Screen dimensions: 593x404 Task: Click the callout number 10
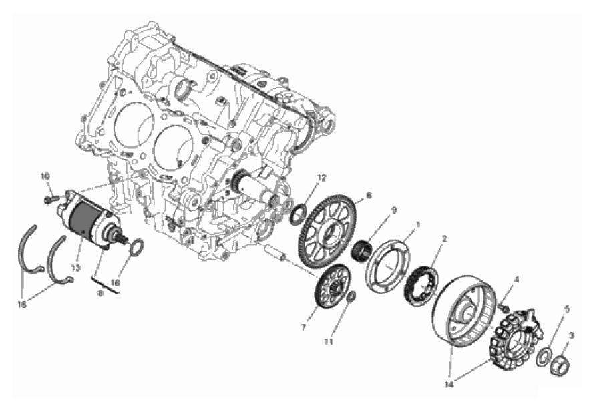coord(45,176)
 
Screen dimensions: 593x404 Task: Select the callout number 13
coord(75,268)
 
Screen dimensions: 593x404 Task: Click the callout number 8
coord(101,292)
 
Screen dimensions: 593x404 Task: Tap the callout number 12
coord(321,178)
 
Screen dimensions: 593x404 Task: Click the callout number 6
coord(369,196)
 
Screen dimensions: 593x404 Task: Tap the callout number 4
coord(517,280)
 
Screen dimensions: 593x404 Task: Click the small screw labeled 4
coord(503,306)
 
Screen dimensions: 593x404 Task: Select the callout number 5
coord(566,309)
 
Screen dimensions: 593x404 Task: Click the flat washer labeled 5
coord(544,357)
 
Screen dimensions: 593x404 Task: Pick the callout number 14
coord(449,385)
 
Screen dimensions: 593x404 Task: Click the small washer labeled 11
coord(351,297)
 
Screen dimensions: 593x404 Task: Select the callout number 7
coord(303,328)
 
